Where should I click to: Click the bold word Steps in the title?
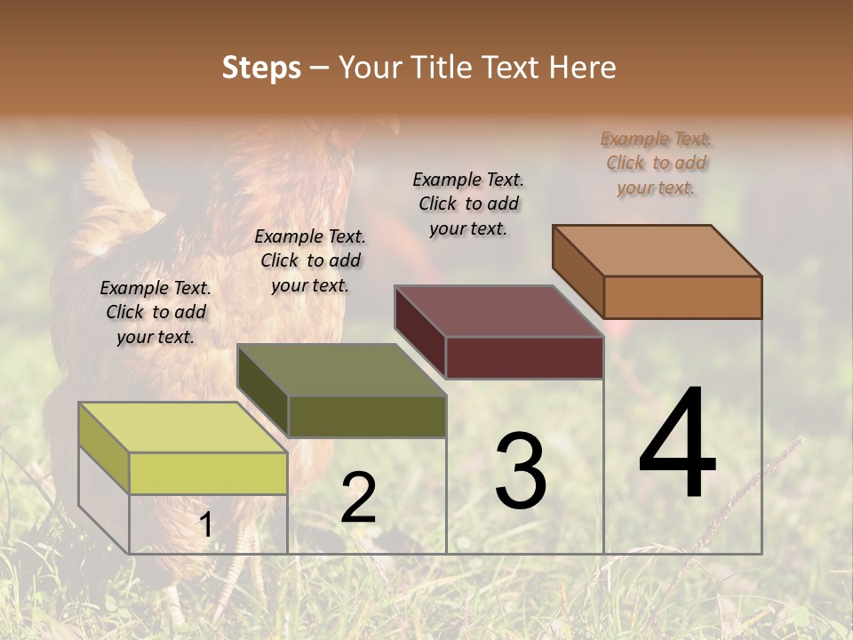point(261,68)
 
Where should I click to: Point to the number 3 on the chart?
point(520,471)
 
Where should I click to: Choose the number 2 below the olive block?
point(358,498)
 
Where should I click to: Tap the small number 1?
point(205,525)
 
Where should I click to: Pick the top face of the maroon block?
point(498,311)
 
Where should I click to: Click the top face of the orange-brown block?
point(657,250)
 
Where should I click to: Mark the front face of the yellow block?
point(208,473)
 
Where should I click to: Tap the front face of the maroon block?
point(524,358)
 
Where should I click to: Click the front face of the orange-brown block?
point(682,297)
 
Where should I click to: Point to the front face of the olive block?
point(366,416)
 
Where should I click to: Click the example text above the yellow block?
point(155,312)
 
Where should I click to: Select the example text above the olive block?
point(310,260)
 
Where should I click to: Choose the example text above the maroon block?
point(468,204)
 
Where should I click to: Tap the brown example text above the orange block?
point(657,163)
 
